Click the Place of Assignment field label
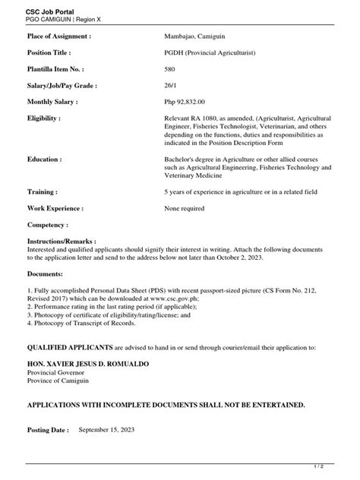(x=59, y=36)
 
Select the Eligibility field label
(x=44, y=119)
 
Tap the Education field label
(x=44, y=160)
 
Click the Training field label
(x=43, y=193)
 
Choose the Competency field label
(x=48, y=226)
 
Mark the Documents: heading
(x=46, y=273)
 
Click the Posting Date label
(x=48, y=430)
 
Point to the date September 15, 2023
(x=112, y=430)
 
